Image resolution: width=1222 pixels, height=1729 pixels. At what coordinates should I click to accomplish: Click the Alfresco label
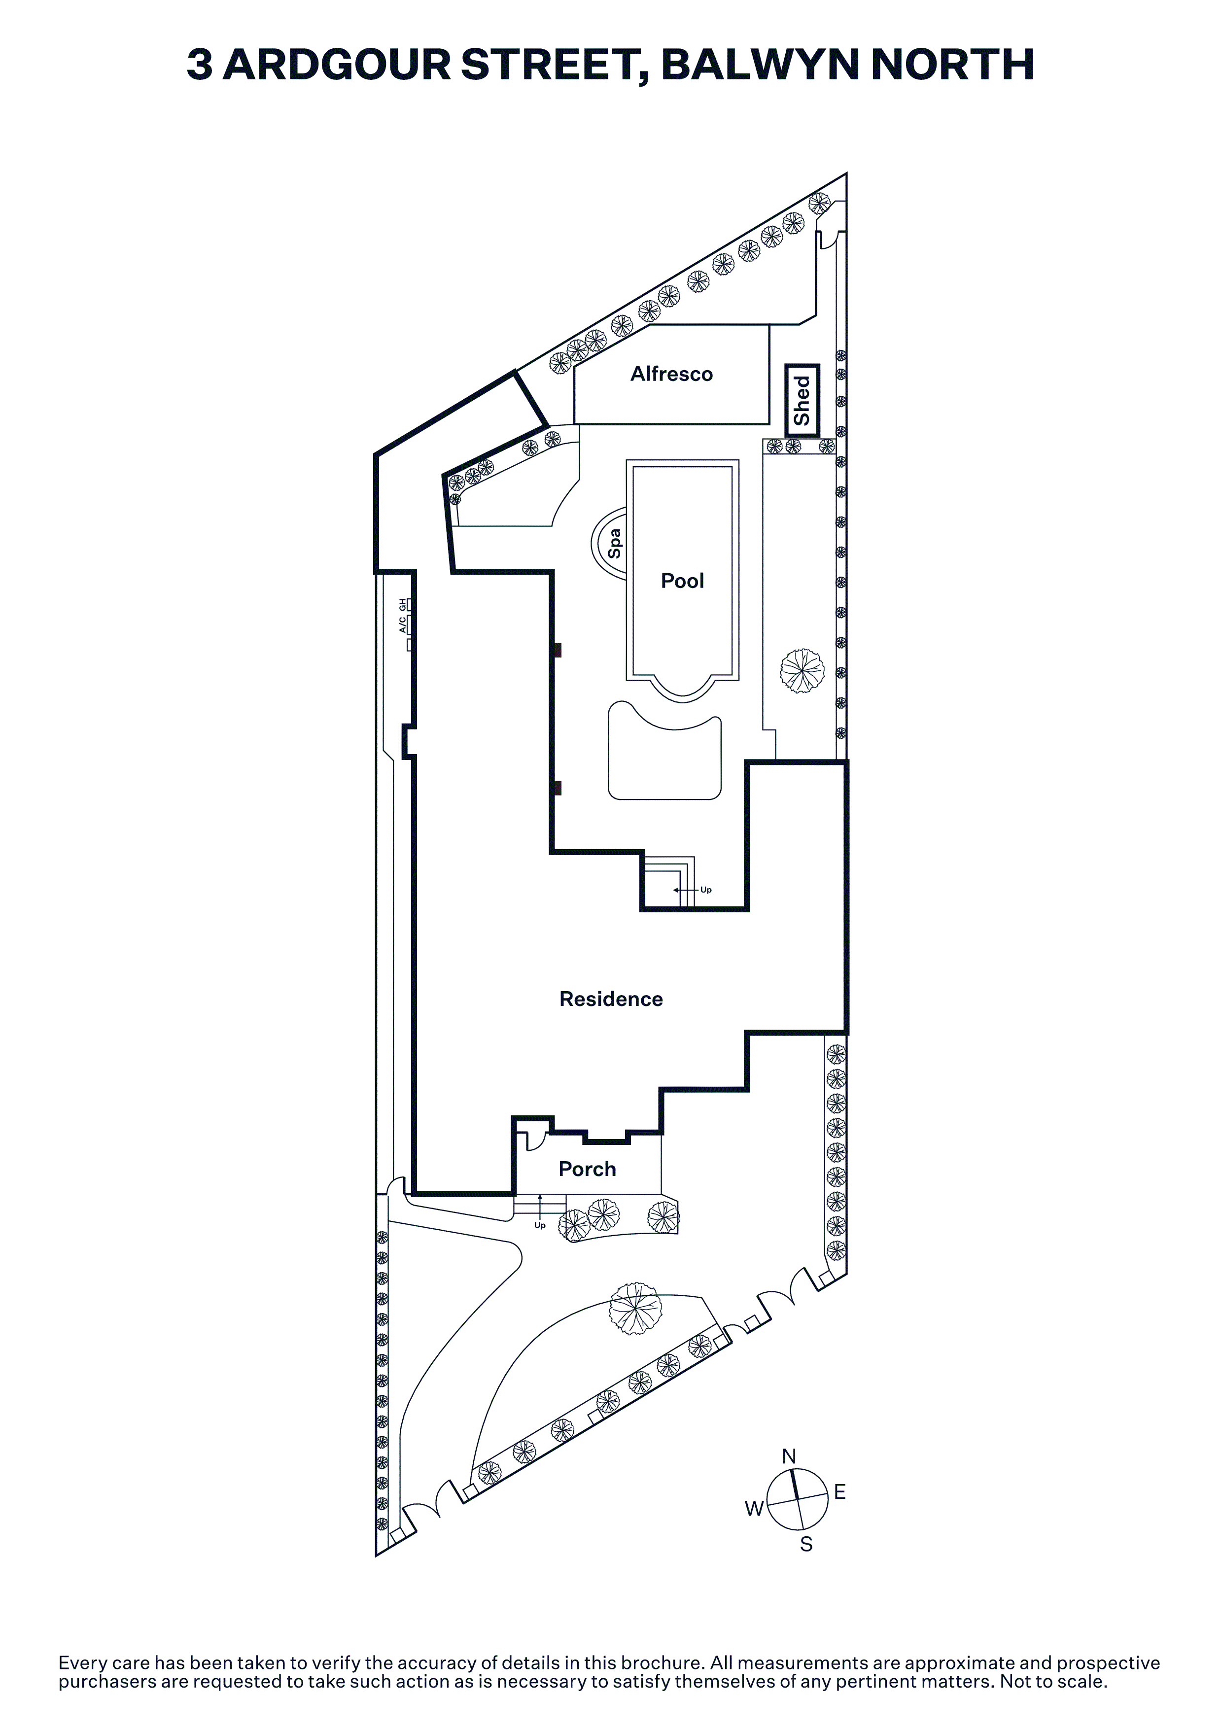(671, 374)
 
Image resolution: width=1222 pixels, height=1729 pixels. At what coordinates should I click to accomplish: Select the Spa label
(614, 543)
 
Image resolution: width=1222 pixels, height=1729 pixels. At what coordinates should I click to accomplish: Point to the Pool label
(682, 581)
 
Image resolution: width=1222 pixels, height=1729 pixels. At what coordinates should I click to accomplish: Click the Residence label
(611, 999)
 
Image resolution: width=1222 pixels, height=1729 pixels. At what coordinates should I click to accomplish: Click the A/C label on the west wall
(403, 624)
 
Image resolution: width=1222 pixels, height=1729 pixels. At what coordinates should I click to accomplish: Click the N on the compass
(789, 1456)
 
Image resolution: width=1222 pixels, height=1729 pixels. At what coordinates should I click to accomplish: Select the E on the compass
(840, 1492)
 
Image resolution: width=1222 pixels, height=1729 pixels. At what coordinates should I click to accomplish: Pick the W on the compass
(754, 1508)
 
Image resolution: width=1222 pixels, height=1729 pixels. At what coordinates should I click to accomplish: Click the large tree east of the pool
(802, 670)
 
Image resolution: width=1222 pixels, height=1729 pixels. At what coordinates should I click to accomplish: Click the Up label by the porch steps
(540, 1225)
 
